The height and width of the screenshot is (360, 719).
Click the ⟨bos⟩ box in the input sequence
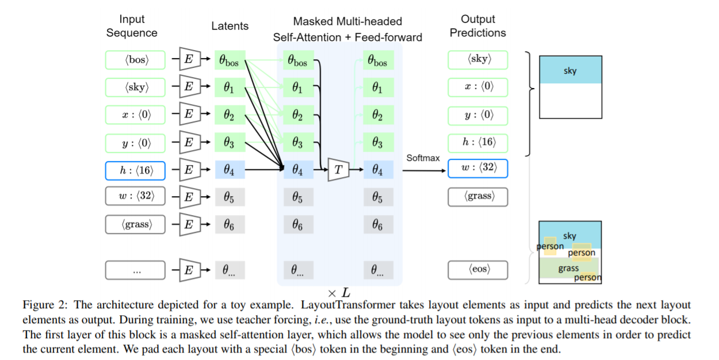(135, 59)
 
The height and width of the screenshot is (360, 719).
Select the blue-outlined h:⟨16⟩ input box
(135, 170)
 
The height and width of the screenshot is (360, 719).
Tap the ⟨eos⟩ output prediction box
(478, 269)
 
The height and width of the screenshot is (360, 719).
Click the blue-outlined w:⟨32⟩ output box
(478, 168)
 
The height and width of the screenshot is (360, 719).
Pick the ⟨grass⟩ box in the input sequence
(135, 224)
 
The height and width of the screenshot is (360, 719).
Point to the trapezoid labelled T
(338, 169)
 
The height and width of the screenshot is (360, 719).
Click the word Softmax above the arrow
(423, 158)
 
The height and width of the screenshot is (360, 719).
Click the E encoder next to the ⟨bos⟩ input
(189, 59)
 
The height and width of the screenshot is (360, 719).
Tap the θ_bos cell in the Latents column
(230, 60)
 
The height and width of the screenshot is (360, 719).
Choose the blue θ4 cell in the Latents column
(230, 170)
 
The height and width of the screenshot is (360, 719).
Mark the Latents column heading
(230, 26)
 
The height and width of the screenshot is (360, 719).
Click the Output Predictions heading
(477, 26)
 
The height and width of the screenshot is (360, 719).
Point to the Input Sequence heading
(132, 26)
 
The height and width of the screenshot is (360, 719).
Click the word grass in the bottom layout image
(568, 269)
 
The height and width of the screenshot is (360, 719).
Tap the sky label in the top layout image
(570, 71)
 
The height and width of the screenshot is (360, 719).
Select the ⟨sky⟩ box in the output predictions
(478, 59)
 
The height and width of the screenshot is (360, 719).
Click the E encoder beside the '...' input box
(189, 270)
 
